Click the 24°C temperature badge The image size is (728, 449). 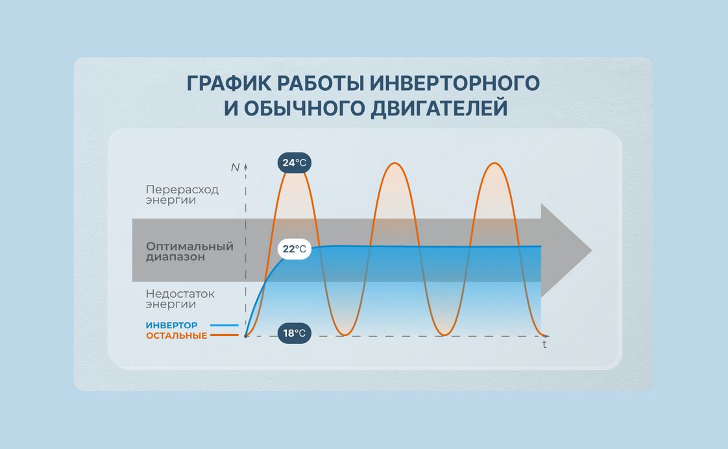pos(295,162)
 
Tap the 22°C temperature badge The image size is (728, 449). pos(295,249)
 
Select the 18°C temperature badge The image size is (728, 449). pos(295,333)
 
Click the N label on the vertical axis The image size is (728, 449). pos(235,167)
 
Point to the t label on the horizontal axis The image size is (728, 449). pos(544,345)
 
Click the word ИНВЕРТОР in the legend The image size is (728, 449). pos(171,325)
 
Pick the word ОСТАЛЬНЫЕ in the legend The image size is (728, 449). pos(176,335)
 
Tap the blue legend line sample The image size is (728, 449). pos(224,325)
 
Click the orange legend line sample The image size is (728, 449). pos(224,335)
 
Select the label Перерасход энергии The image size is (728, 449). pos(182,195)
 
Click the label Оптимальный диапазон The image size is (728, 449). pos(189,251)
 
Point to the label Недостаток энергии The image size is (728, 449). pos(180,299)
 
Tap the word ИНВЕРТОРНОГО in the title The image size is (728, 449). pos(455,84)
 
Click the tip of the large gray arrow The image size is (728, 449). pos(592,250)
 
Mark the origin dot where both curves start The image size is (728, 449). pos(246,335)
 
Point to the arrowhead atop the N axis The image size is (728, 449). pos(246,165)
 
